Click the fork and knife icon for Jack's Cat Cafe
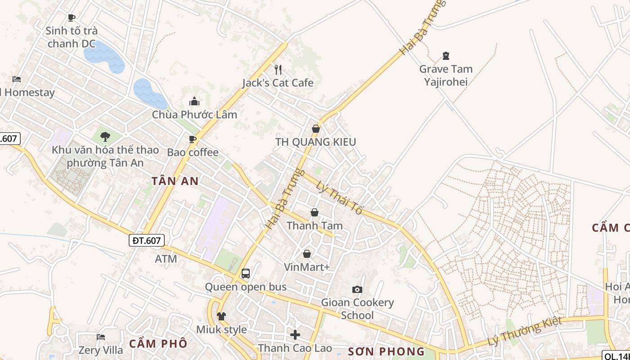point(278,69)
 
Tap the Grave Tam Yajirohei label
point(446,75)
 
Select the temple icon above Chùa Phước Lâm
point(194,101)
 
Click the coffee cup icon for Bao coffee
point(193,139)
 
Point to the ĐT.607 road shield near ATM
point(147,240)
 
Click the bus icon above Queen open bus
point(246,273)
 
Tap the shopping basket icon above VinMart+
point(307,254)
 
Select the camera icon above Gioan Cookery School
point(357,289)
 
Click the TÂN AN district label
point(175,181)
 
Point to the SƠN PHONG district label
point(387,351)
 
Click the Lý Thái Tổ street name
point(339,198)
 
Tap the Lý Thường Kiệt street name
point(525,331)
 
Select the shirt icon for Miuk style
point(221,316)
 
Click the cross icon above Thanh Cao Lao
point(295,335)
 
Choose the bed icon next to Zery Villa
point(101,337)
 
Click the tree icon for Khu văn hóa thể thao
point(105,136)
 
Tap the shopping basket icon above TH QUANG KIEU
point(316,129)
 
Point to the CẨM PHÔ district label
point(158,343)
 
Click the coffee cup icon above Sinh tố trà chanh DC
point(71,18)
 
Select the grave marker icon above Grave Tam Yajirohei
point(446,56)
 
